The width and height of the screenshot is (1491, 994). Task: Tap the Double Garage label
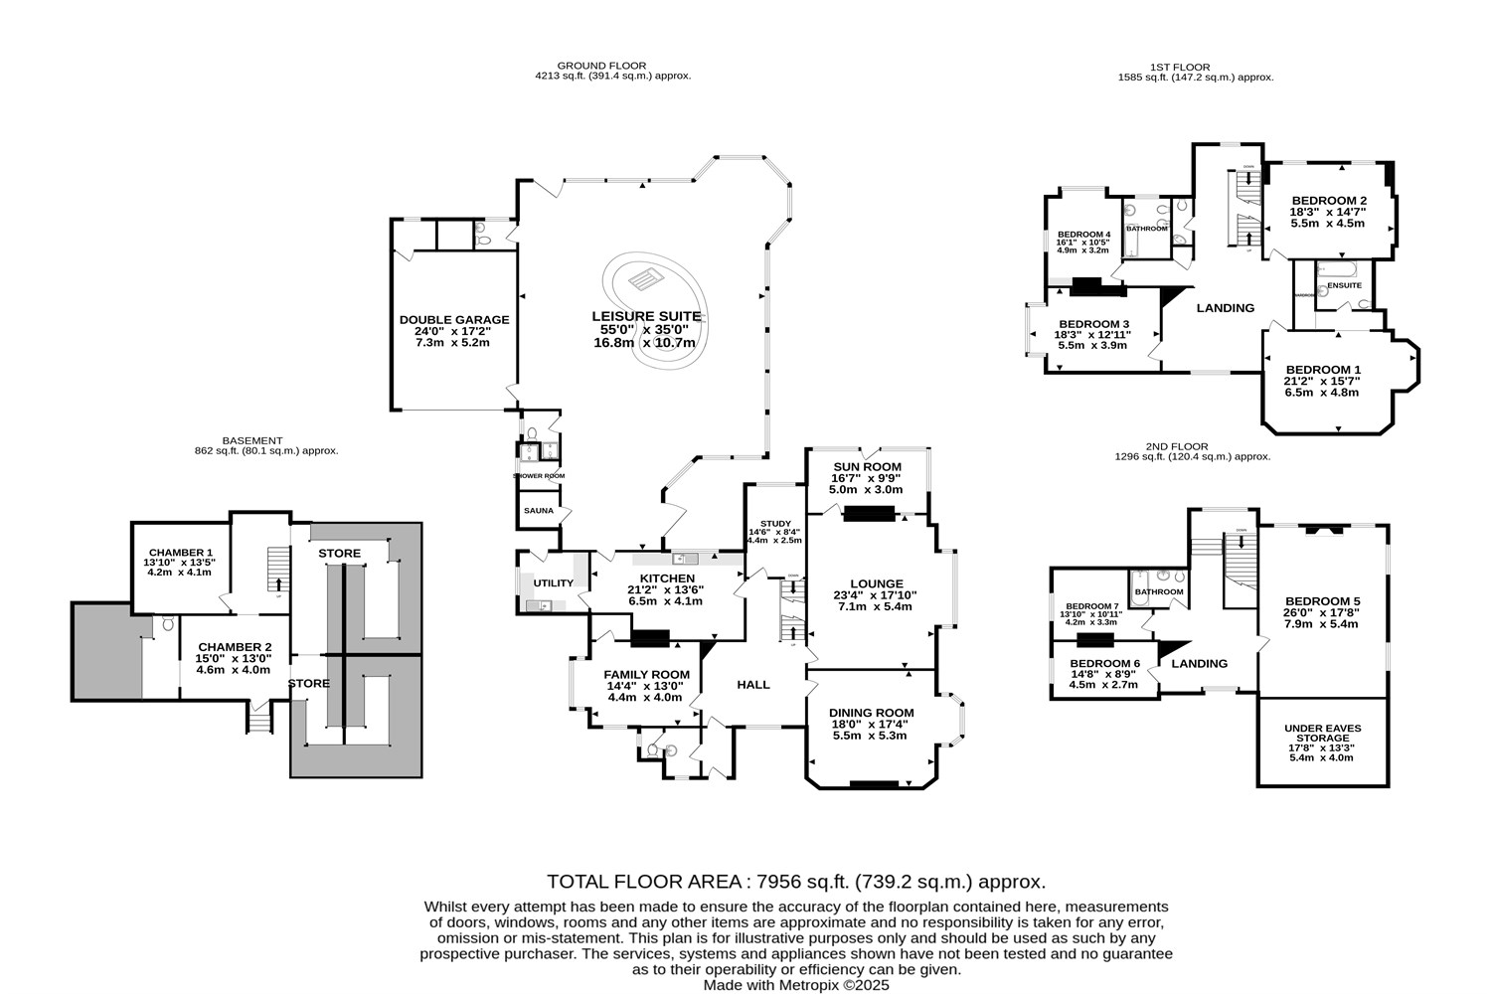point(454,320)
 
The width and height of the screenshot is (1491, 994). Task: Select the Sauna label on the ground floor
point(538,511)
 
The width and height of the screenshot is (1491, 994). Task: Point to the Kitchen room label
point(667,579)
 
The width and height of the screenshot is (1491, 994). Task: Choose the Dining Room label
point(873,713)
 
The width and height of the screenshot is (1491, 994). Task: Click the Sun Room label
point(867,467)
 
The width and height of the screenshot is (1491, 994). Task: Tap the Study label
point(774,523)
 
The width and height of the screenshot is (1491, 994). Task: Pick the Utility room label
point(554,583)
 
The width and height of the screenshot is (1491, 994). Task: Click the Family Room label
point(646,674)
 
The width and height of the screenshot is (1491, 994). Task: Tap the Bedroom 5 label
point(1322,601)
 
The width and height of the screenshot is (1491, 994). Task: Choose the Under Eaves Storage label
point(1322,734)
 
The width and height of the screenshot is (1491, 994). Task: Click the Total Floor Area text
point(796,882)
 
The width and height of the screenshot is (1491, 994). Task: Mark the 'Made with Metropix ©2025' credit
point(796,985)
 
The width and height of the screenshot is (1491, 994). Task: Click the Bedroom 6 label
point(1104,664)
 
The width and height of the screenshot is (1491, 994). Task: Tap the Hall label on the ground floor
point(752,685)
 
